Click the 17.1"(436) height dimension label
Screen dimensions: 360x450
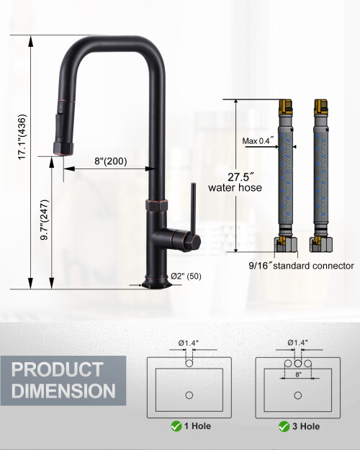[22, 137]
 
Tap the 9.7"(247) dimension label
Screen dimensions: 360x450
[45, 220]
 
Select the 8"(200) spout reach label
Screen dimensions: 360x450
[111, 161]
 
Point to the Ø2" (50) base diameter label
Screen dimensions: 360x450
[186, 276]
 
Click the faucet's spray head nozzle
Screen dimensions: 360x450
[63, 147]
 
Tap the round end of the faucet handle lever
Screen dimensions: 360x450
[195, 242]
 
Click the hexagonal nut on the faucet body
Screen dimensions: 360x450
[156, 205]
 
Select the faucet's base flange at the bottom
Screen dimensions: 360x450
[156, 284]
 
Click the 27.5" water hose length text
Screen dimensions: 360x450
[235, 182]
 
